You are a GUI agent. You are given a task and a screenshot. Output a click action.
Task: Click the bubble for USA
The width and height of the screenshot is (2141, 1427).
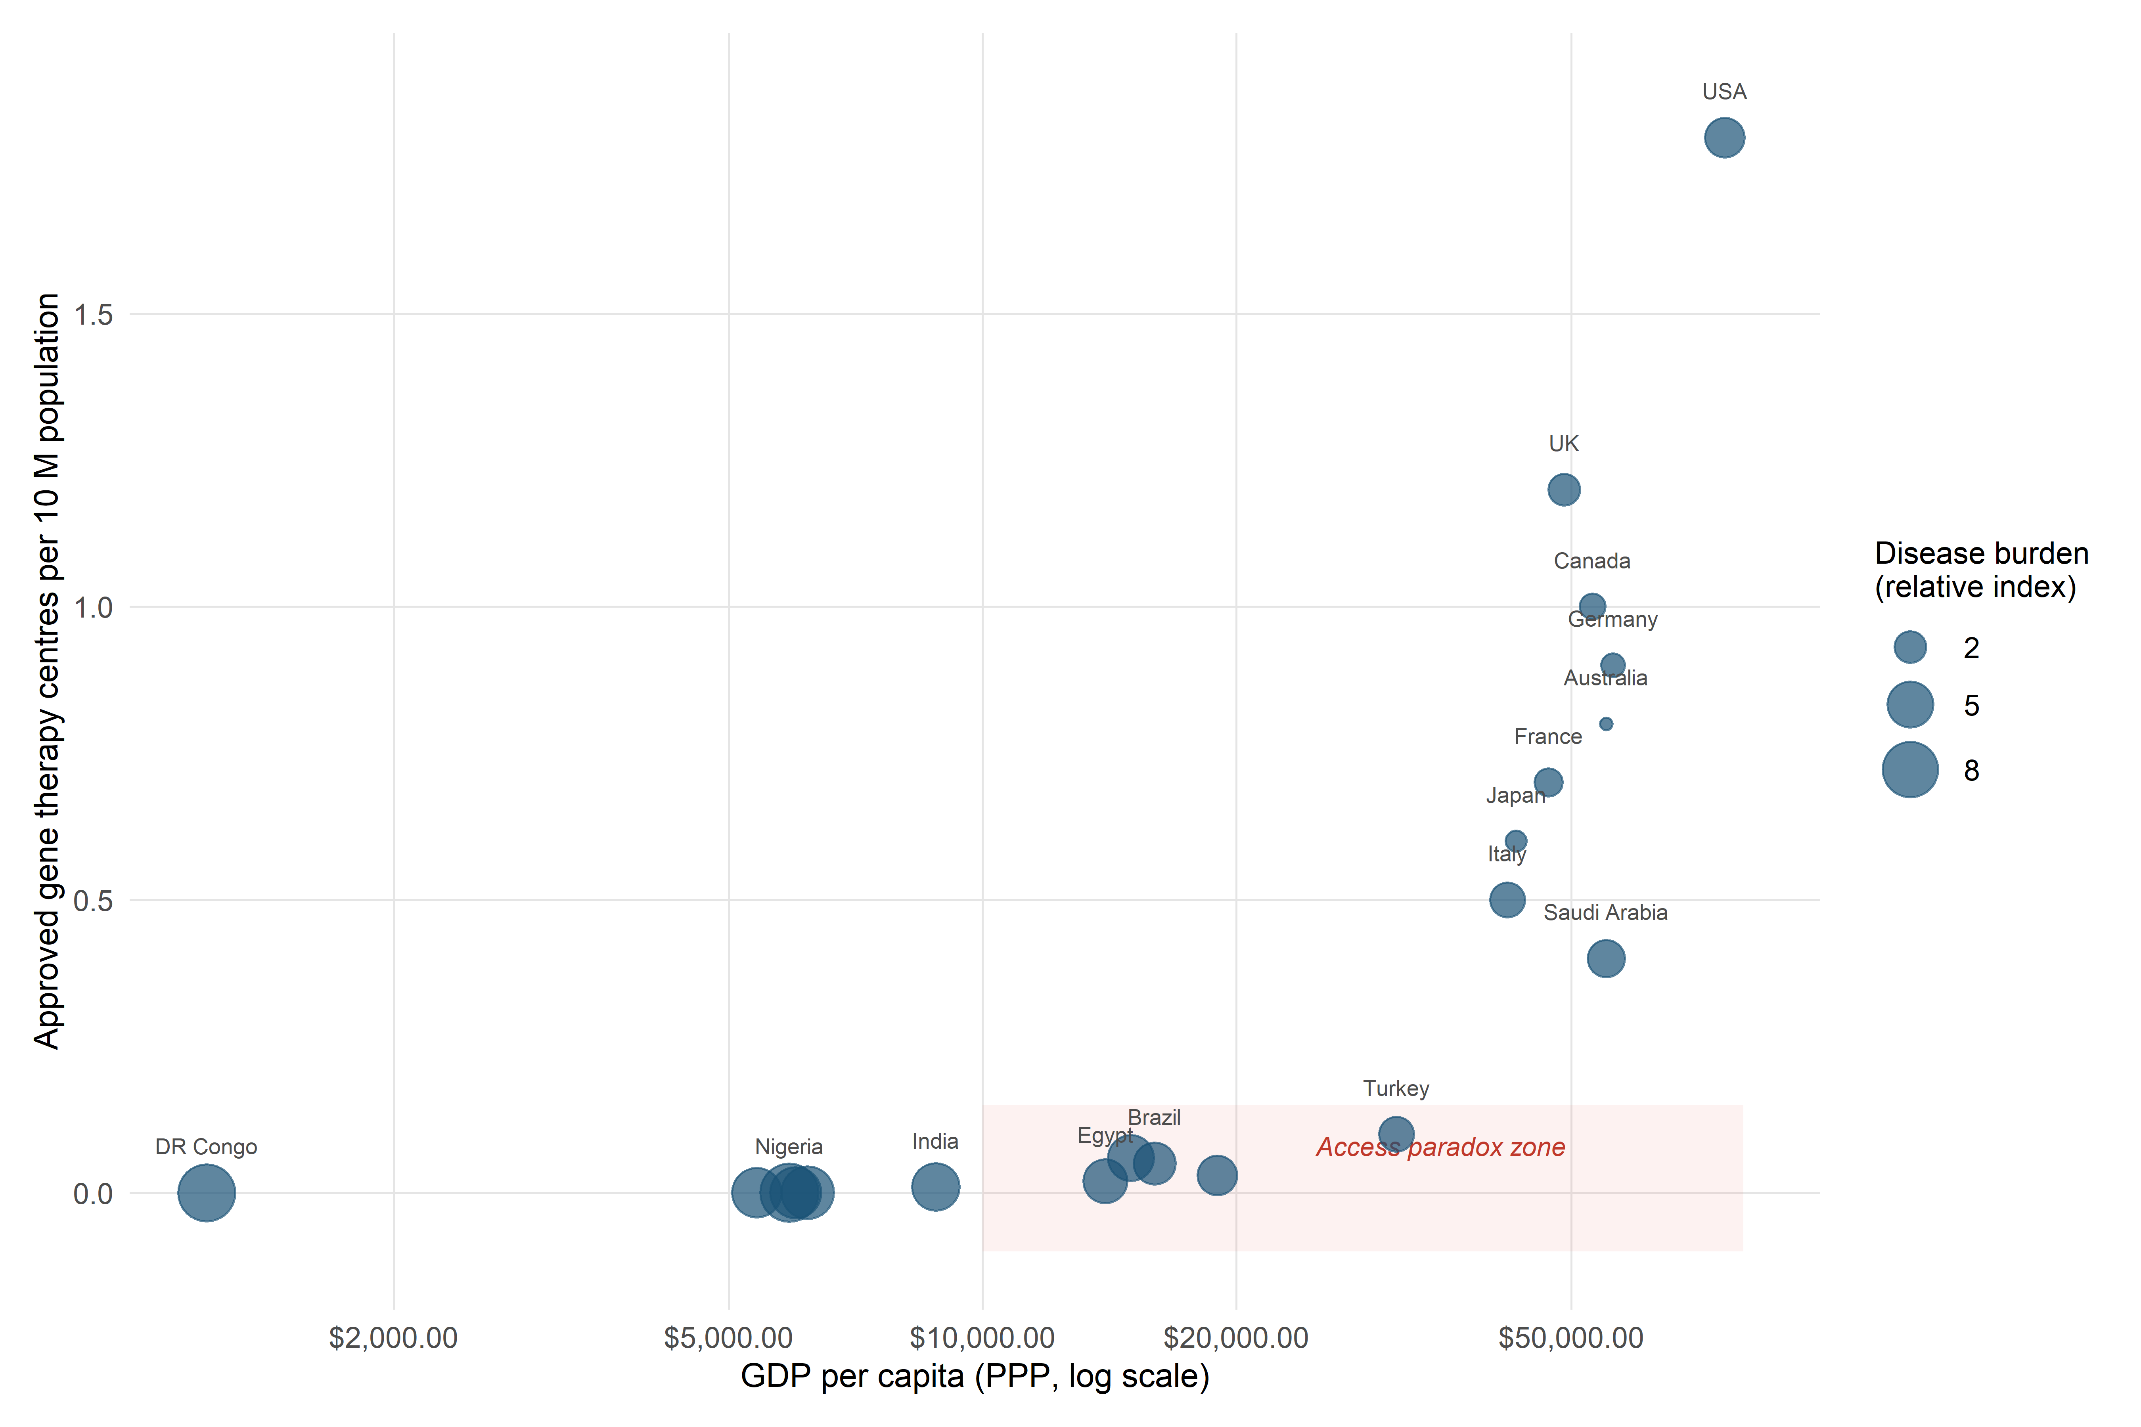click(1724, 138)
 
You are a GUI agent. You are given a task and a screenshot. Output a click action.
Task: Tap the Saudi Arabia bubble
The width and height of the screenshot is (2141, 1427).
click(1606, 958)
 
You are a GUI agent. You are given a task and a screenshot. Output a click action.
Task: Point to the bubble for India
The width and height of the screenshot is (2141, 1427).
click(935, 1187)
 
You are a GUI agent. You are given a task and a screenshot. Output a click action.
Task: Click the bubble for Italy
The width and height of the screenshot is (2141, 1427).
click(1507, 900)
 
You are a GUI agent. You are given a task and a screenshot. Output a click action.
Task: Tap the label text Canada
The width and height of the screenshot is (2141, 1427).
click(1591, 560)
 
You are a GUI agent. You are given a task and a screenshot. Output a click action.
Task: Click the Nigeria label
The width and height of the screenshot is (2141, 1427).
click(788, 1147)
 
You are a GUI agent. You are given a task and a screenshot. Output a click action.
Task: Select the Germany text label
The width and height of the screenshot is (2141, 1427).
click(1612, 620)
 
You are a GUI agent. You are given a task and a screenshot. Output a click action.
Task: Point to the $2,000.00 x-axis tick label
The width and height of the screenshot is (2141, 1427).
click(393, 1338)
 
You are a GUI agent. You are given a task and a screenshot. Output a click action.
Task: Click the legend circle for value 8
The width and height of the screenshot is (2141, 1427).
click(1910, 770)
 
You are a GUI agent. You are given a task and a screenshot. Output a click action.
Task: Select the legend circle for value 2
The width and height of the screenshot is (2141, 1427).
click(1910, 647)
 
